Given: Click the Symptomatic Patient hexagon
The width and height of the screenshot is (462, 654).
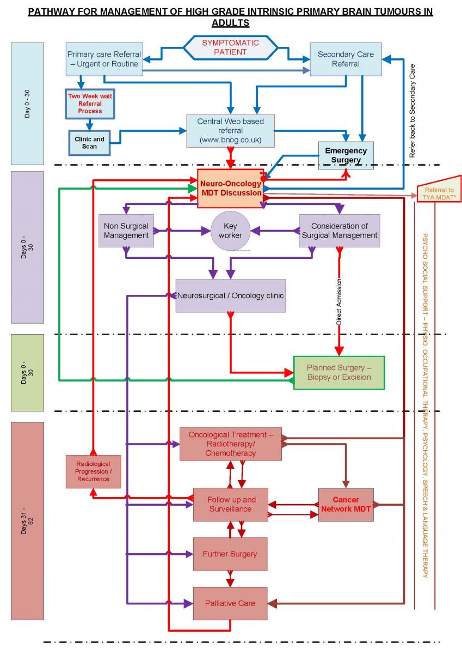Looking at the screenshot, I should click(231, 47).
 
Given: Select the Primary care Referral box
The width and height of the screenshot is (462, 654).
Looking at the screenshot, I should click(104, 59).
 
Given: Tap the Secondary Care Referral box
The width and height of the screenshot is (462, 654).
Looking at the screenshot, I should click(346, 59).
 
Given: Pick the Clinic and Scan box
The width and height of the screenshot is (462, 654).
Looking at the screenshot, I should click(90, 143).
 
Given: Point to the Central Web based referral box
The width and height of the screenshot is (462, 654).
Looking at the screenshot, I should click(230, 130).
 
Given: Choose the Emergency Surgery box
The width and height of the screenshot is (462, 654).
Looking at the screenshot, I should click(346, 155).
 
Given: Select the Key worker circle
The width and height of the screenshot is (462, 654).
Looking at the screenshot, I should click(231, 231).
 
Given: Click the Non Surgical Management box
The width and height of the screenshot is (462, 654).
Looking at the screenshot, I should click(126, 231).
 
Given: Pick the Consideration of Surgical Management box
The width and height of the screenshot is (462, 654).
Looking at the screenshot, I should click(340, 231).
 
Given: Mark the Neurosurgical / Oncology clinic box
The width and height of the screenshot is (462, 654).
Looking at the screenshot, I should click(231, 295).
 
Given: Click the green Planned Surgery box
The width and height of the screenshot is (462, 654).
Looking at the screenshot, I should click(338, 372).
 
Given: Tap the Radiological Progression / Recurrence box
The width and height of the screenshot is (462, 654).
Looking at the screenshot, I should click(93, 471).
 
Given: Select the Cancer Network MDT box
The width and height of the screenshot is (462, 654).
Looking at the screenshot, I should click(346, 504).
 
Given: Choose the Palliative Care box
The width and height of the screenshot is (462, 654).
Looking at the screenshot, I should click(230, 603).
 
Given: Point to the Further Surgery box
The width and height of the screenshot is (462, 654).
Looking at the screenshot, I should click(230, 554).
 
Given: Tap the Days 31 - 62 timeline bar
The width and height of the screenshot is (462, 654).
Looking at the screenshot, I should click(27, 520).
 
